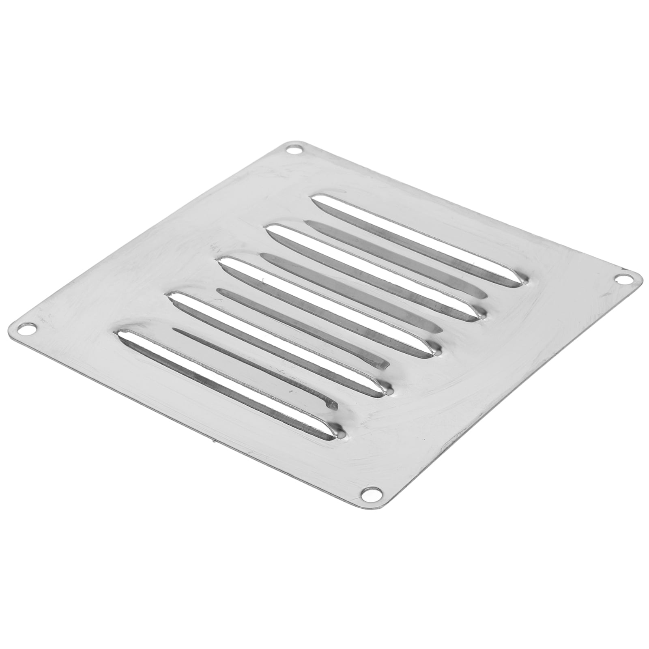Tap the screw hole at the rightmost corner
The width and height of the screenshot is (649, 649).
[621, 279]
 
